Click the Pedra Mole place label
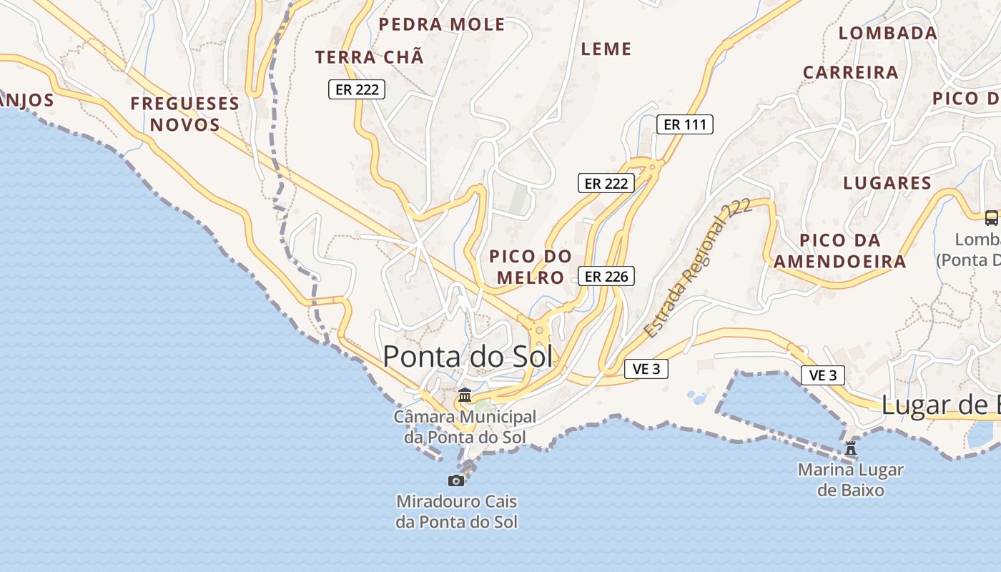pos(442,24)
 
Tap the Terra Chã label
pos(369,57)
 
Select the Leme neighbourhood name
pos(606,49)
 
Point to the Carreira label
pos(850,72)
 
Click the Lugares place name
pos(887,183)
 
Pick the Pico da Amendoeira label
pos(839,251)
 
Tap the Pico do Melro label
pos(531,267)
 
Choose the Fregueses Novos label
pos(184,114)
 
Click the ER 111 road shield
pos(684,124)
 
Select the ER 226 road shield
pos(606,276)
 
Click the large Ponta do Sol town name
pos(468,356)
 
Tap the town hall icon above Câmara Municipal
pos(465,395)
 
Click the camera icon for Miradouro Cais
pos(456,480)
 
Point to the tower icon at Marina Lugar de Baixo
pos(851,449)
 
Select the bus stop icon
pos(991,218)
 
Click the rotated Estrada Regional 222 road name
pos(697,268)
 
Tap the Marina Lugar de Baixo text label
pos(850,480)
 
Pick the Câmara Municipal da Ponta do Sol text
pos(464,427)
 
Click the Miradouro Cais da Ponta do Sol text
pos(456,512)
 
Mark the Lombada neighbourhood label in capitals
pos(887,33)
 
